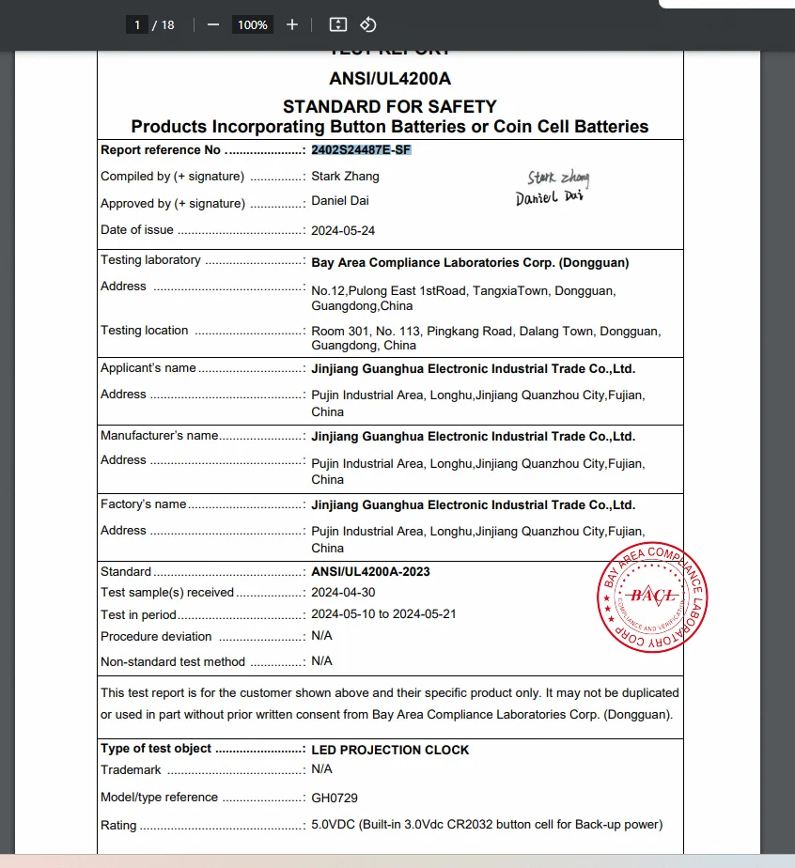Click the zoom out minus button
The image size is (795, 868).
tap(213, 24)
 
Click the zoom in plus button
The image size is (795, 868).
tap(292, 24)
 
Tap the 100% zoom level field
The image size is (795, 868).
tap(252, 25)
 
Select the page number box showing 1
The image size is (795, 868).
tap(137, 25)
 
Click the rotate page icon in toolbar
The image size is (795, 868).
tap(368, 24)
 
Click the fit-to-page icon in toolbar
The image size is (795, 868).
tap(339, 24)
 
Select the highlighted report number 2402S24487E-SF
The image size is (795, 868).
tap(361, 150)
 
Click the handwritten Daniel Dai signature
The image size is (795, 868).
tap(550, 197)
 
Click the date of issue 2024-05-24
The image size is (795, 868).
tap(344, 230)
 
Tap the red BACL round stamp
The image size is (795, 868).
tap(652, 597)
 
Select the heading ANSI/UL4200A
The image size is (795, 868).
tap(390, 79)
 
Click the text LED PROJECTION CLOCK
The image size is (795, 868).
tap(390, 750)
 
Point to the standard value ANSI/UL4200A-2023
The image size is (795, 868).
tap(370, 571)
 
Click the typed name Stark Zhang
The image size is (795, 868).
tap(345, 176)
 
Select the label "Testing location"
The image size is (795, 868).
tap(145, 331)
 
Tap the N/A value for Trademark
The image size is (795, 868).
tap(321, 769)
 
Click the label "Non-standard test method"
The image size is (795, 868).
tap(173, 661)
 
